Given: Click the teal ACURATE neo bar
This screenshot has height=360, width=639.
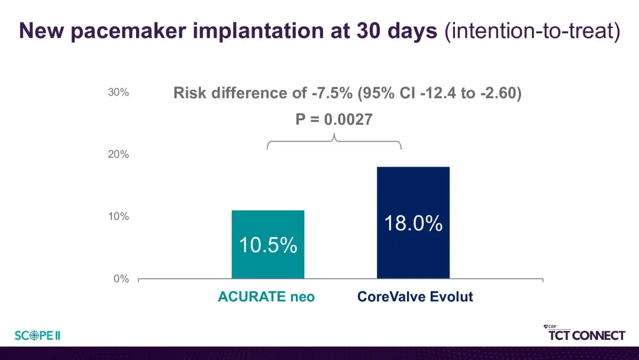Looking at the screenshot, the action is pyautogui.click(x=268, y=244).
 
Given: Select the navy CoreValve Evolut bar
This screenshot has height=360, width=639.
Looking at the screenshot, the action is pyautogui.click(x=413, y=223).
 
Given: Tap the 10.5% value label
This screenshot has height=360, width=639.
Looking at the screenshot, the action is pyautogui.click(x=268, y=245).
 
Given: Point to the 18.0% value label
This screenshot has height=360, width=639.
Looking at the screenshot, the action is pyautogui.click(x=413, y=223).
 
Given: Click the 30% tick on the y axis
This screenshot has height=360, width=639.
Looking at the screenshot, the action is pyautogui.click(x=118, y=92).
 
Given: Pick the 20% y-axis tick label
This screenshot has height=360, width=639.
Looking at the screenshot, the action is pyautogui.click(x=118, y=155).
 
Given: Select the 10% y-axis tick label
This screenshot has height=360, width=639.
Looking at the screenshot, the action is pyautogui.click(x=118, y=217).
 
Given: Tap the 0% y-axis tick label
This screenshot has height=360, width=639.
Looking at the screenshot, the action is pyautogui.click(x=121, y=279).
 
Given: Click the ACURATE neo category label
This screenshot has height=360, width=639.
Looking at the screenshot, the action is pyautogui.click(x=266, y=297).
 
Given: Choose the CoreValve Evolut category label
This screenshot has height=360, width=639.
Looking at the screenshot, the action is pyautogui.click(x=415, y=297).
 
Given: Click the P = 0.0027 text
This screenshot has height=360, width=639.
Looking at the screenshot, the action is pyautogui.click(x=334, y=120).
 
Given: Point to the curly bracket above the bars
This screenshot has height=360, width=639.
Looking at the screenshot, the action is pyautogui.click(x=334, y=142).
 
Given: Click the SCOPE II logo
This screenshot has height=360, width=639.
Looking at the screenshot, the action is pyautogui.click(x=37, y=336).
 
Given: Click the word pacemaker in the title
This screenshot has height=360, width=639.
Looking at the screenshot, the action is pyautogui.click(x=128, y=31).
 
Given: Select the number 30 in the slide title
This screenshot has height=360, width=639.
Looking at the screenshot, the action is pyautogui.click(x=369, y=31).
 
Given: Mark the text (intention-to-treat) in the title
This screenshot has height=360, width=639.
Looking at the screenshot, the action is pyautogui.click(x=532, y=31).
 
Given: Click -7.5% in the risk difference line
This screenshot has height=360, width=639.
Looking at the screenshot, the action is pyautogui.click(x=332, y=93).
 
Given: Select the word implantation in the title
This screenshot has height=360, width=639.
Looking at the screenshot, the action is pyautogui.click(x=259, y=31).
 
